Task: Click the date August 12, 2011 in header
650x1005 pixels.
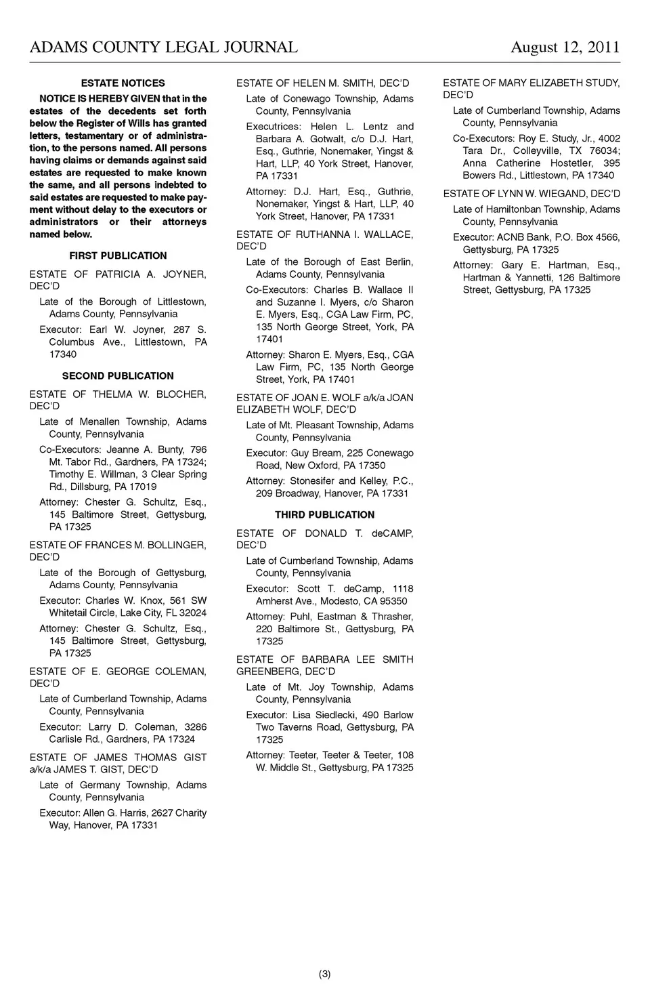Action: (565, 47)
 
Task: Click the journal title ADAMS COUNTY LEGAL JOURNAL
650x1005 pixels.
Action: (163, 47)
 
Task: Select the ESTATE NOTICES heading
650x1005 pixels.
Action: (123, 83)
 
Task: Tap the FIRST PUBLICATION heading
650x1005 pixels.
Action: (118, 255)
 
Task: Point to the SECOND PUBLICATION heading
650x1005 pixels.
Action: (118, 375)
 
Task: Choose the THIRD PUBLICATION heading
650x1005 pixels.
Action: (324, 514)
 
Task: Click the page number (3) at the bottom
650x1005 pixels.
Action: (325, 974)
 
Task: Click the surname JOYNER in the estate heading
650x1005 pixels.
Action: (184, 274)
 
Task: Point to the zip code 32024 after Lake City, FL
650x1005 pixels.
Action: (194, 613)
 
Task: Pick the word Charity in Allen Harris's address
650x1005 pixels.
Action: (191, 813)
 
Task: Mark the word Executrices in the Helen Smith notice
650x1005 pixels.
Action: (274, 126)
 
